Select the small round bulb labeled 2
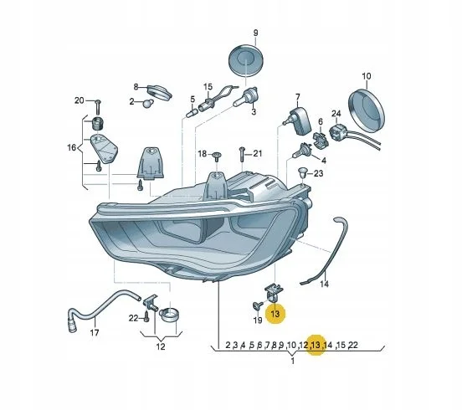[148, 104]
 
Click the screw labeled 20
[98, 108]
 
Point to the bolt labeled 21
[242, 154]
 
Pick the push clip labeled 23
[301, 172]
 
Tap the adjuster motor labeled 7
[298, 121]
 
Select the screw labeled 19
[257, 306]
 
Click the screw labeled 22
[147, 317]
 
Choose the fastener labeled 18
[217, 156]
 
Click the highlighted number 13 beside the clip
[275, 313]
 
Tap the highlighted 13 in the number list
[316, 345]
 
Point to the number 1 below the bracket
[293, 361]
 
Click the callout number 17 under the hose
[95, 333]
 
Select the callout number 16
[72, 147]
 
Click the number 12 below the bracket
[161, 346]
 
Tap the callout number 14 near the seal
[324, 284]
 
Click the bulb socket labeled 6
[320, 139]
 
